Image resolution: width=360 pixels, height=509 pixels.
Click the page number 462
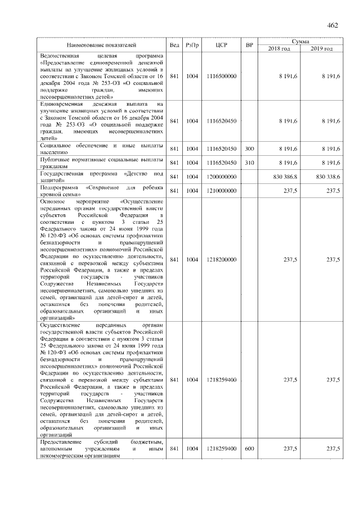(x=332, y=25)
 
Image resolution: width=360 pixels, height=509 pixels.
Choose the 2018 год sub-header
(x=279, y=49)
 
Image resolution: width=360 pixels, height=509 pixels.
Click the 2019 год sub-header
(x=322, y=49)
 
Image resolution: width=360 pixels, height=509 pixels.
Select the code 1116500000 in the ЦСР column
(x=221, y=76)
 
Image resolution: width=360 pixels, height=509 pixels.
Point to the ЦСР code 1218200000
(x=221, y=259)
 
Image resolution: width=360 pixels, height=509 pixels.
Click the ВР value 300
(x=249, y=149)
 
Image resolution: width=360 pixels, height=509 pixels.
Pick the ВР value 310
(x=249, y=163)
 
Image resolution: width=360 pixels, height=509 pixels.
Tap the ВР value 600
(x=249, y=448)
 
